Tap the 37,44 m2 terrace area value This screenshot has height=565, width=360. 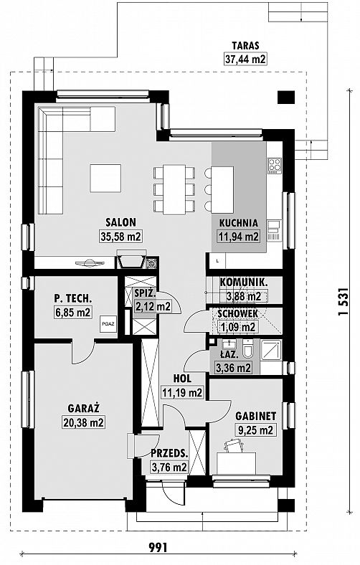(245, 59)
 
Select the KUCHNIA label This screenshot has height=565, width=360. (239, 223)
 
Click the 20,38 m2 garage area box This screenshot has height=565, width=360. (83, 422)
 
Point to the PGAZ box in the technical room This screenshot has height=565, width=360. (108, 323)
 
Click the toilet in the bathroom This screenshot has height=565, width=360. (247, 349)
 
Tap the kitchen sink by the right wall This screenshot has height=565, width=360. (274, 231)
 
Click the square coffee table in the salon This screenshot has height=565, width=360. (105, 178)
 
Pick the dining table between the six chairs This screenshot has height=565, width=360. (174, 189)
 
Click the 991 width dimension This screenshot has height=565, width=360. (158, 548)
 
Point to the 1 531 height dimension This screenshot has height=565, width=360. (344, 301)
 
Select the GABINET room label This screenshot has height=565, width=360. (256, 416)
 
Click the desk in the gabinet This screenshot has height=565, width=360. (237, 463)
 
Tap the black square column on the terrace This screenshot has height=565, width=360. (286, 97)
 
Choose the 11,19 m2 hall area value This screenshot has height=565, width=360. (182, 392)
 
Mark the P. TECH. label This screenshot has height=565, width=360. (73, 298)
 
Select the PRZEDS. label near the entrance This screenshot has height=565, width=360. (170, 453)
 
